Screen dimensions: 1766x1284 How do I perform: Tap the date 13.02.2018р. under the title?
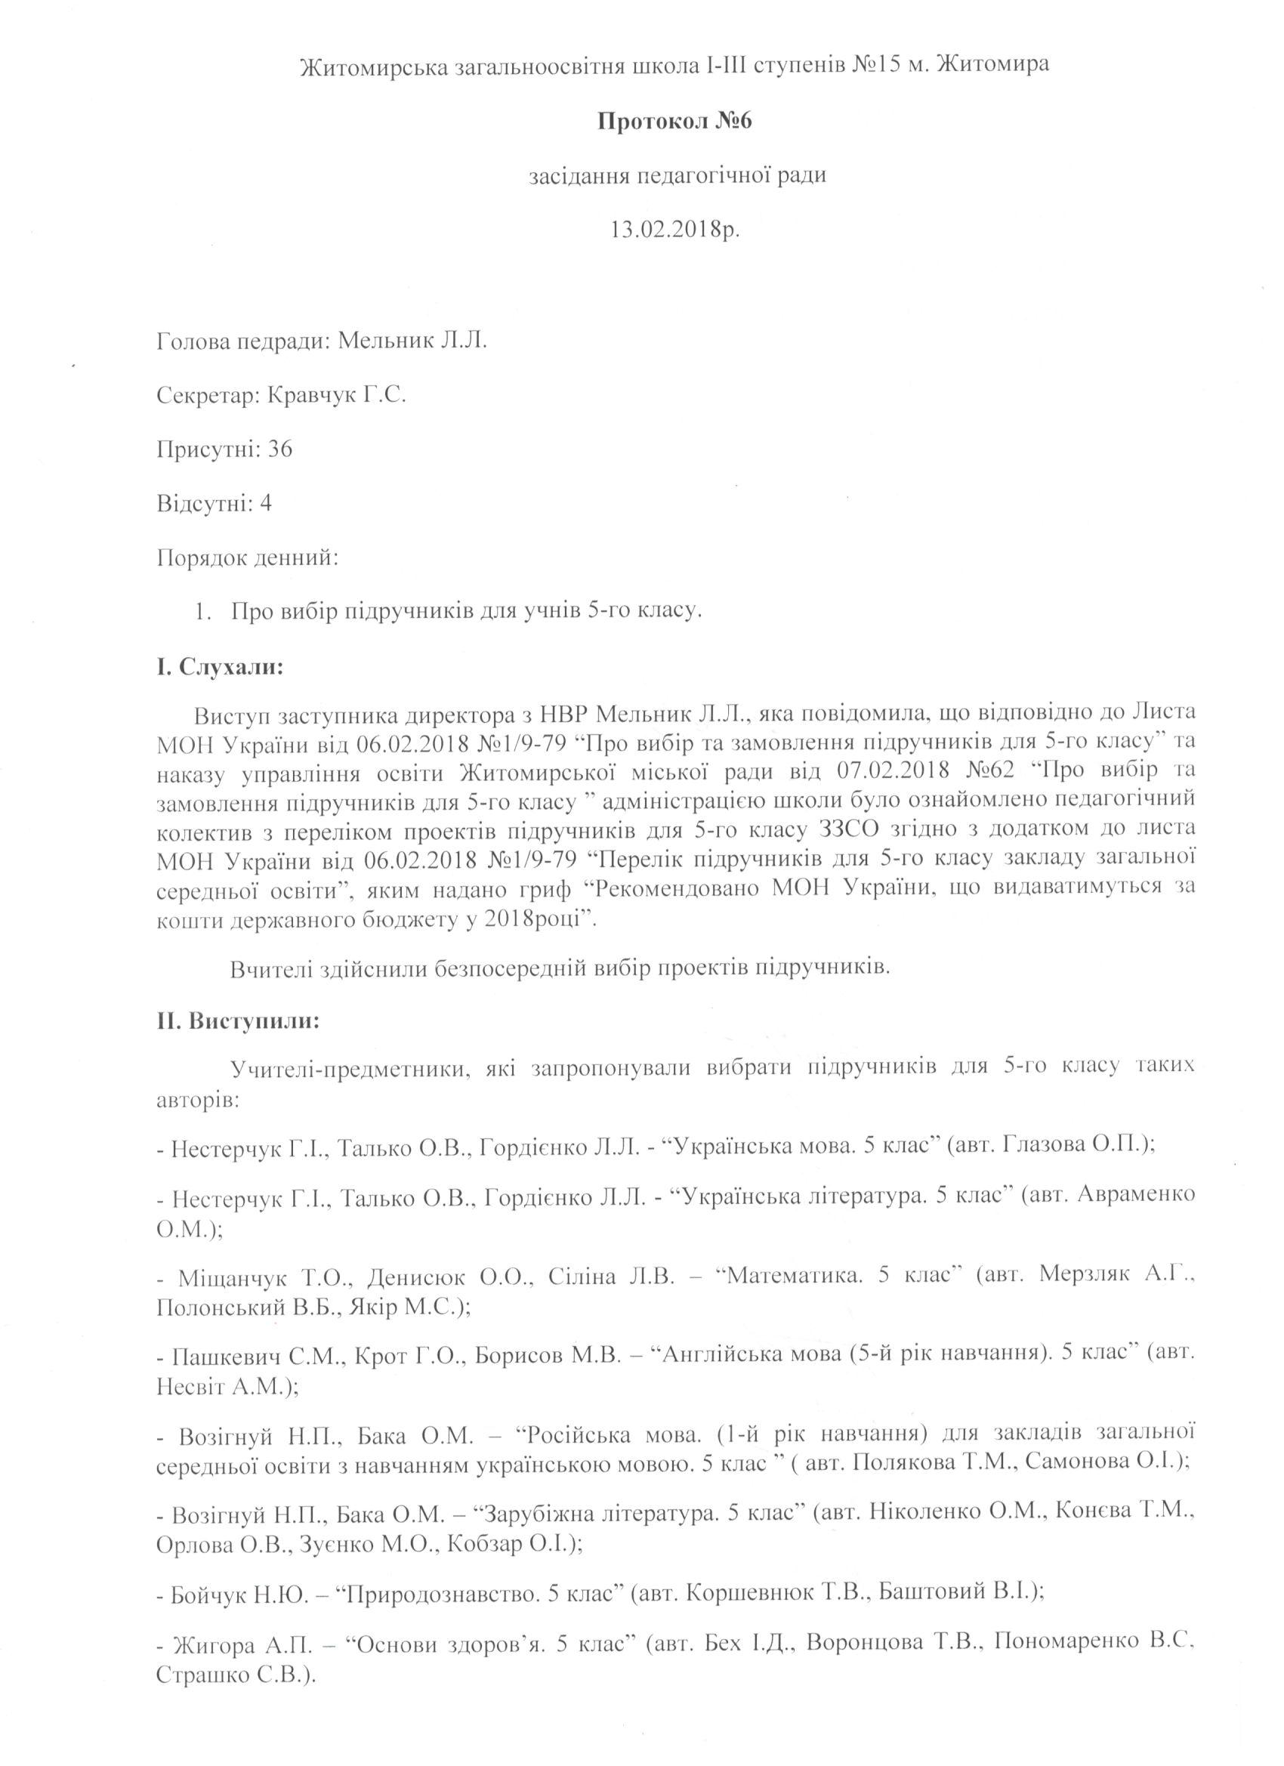674,231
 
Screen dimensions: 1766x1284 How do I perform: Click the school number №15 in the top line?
877,67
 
